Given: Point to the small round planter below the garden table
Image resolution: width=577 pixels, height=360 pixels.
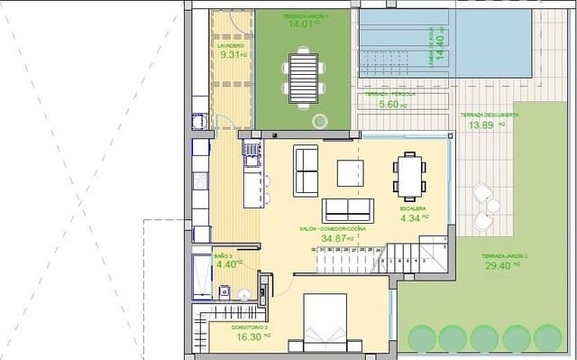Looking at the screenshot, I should (x=317, y=120).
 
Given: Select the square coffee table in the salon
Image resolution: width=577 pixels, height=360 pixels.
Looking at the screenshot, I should (x=352, y=171).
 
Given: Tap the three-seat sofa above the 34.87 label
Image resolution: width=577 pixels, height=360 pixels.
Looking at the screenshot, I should (x=347, y=208).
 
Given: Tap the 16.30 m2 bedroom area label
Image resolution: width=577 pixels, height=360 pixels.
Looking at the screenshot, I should (x=250, y=335).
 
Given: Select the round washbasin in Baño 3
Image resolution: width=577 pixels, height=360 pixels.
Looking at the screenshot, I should (x=245, y=291).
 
